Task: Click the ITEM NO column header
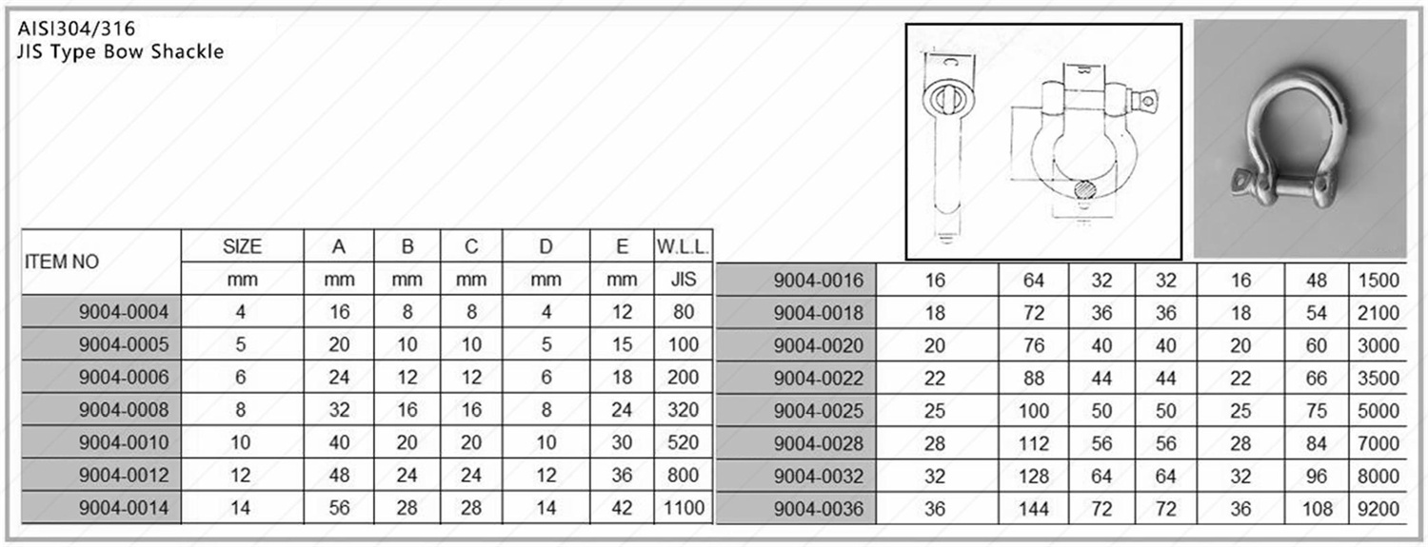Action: pyautogui.click(x=62, y=262)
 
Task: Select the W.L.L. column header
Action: pyautogui.click(x=683, y=247)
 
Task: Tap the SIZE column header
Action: pyautogui.click(x=242, y=246)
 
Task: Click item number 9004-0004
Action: pyautogui.click(x=124, y=312)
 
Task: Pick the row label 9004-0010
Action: pyautogui.click(x=124, y=442)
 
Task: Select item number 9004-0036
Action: pyautogui.click(x=819, y=509)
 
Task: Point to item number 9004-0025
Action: pyautogui.click(x=819, y=411)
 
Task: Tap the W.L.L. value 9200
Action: pyautogui.click(x=1378, y=509)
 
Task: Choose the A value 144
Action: pyautogui.click(x=1033, y=509)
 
